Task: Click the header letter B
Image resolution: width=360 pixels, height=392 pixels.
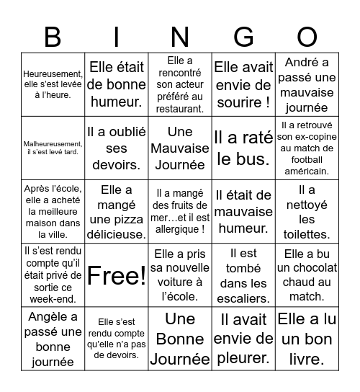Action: pyautogui.click(x=53, y=36)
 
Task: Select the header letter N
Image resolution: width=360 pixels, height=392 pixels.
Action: pyautogui.click(x=180, y=36)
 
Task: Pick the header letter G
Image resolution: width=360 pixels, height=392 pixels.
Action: pyautogui.click(x=243, y=36)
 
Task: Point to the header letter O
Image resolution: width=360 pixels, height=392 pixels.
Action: pyautogui.click(x=307, y=36)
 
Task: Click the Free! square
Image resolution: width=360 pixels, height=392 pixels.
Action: pyautogui.click(x=116, y=275)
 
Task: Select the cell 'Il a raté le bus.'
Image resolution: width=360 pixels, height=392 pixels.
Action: pyautogui.click(x=243, y=148)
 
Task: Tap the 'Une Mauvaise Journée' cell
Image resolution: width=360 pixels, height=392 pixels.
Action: pyautogui.click(x=180, y=148)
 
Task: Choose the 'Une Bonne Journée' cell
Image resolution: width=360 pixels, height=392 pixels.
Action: pyautogui.click(x=180, y=338)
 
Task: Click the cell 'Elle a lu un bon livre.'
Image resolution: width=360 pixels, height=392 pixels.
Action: pyautogui.click(x=307, y=338)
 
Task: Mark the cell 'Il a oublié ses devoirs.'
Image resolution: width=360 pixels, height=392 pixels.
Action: pyautogui.click(x=116, y=148)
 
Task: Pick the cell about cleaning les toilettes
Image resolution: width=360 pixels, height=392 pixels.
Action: pyautogui.click(x=307, y=211)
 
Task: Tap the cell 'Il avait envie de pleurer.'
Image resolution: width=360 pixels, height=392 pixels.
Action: pyautogui.click(x=243, y=338)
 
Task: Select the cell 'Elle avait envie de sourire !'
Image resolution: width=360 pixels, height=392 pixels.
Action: pyautogui.click(x=243, y=84)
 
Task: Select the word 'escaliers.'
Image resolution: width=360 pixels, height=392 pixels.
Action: pyautogui.click(x=243, y=298)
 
